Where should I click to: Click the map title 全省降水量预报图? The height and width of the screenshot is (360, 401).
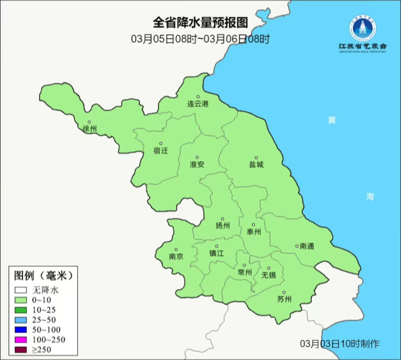200,23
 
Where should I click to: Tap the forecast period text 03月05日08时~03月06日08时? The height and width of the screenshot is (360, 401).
200,39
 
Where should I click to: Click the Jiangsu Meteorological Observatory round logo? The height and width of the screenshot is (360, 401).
362,29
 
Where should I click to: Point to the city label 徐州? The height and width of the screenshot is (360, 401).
90,129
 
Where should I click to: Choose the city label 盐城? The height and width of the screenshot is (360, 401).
256,164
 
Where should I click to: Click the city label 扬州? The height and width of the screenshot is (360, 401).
222,225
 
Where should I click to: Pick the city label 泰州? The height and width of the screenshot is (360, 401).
253,231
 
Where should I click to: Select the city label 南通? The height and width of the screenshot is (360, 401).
307,246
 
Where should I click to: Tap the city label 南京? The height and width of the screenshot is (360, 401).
176,257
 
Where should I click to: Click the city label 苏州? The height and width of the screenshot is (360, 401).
284,299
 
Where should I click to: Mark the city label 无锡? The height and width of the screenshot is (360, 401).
268,275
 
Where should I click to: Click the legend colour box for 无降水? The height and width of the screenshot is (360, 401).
20,290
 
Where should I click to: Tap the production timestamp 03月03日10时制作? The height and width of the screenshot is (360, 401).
339,344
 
